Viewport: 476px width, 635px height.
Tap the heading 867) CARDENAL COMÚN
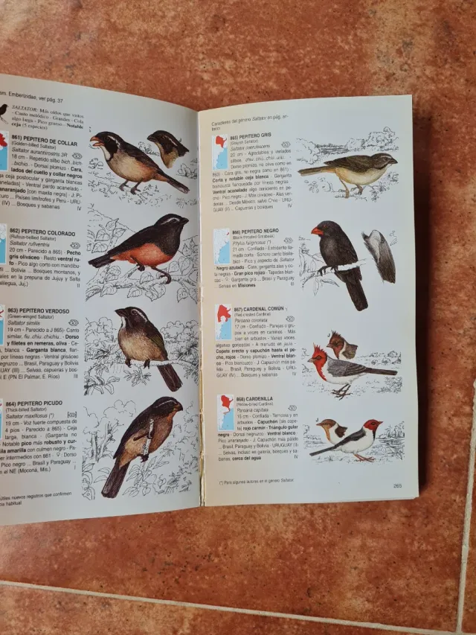(x=260, y=309)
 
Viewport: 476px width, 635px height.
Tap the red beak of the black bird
(x=317, y=232)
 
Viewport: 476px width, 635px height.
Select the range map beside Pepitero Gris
(x=220, y=152)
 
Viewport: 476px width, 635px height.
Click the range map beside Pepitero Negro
(x=222, y=246)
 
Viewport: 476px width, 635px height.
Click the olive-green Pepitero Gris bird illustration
(x=353, y=169)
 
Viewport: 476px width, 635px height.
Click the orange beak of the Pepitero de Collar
(x=94, y=141)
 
